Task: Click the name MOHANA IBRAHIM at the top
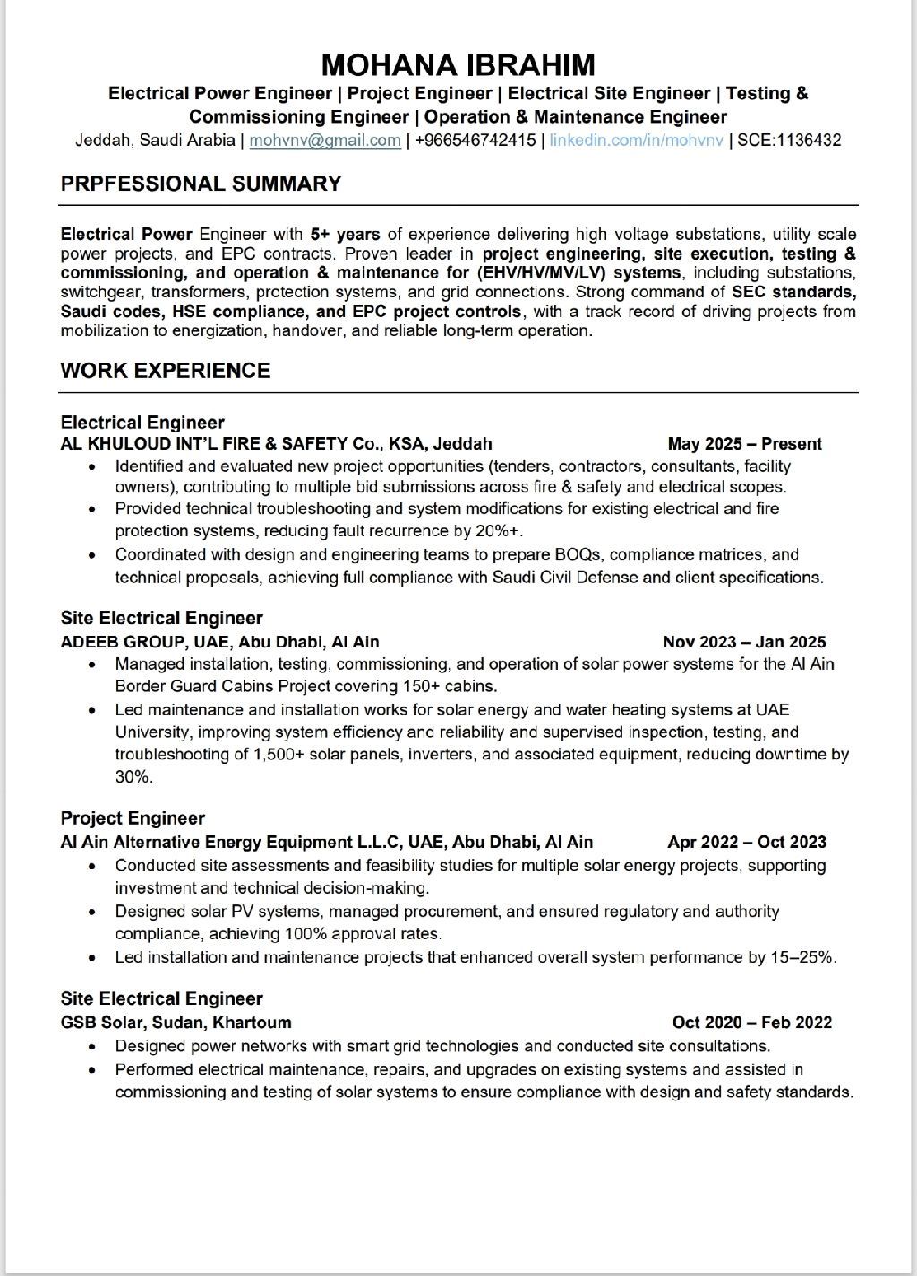(458, 64)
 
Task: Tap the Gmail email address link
(325, 140)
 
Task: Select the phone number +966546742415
(476, 140)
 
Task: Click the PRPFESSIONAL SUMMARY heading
(201, 184)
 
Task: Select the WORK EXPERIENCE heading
(165, 371)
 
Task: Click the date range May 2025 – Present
(744, 443)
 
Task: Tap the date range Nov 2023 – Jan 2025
(744, 641)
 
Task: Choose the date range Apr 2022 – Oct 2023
(747, 842)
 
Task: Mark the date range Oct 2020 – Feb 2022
(751, 1022)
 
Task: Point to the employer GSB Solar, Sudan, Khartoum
(176, 1022)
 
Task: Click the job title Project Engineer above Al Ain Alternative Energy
(133, 818)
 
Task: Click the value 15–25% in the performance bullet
(801, 957)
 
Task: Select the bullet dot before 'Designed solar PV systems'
(93, 912)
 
